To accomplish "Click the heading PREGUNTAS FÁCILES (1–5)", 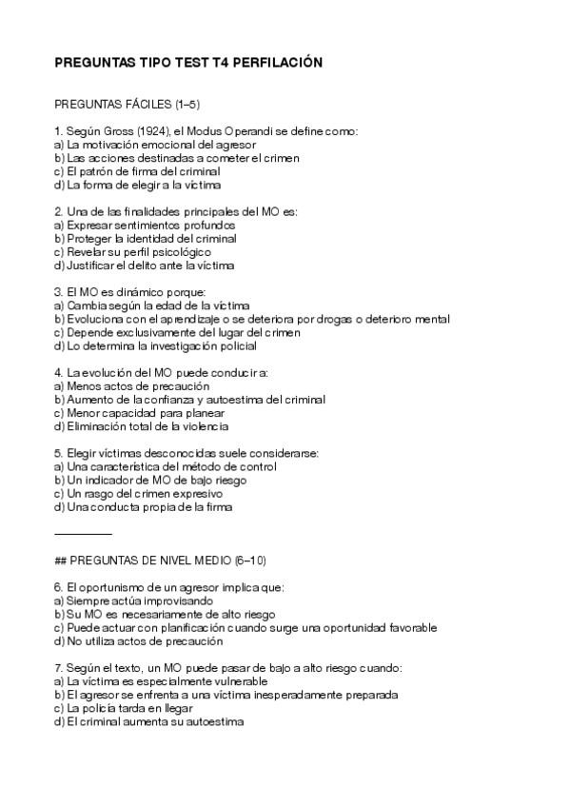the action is tap(128, 104).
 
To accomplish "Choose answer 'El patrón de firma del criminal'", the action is tap(137, 171).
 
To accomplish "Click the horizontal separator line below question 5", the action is tap(84, 534).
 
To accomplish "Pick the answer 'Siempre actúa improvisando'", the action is tap(133, 601).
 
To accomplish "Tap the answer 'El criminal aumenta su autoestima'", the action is tap(149, 721).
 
